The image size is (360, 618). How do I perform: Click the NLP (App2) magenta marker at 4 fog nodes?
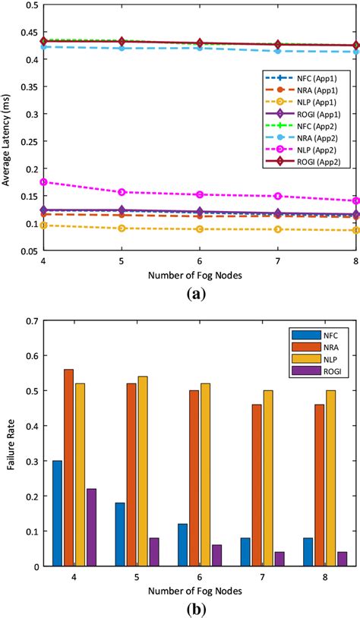(x=44, y=182)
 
